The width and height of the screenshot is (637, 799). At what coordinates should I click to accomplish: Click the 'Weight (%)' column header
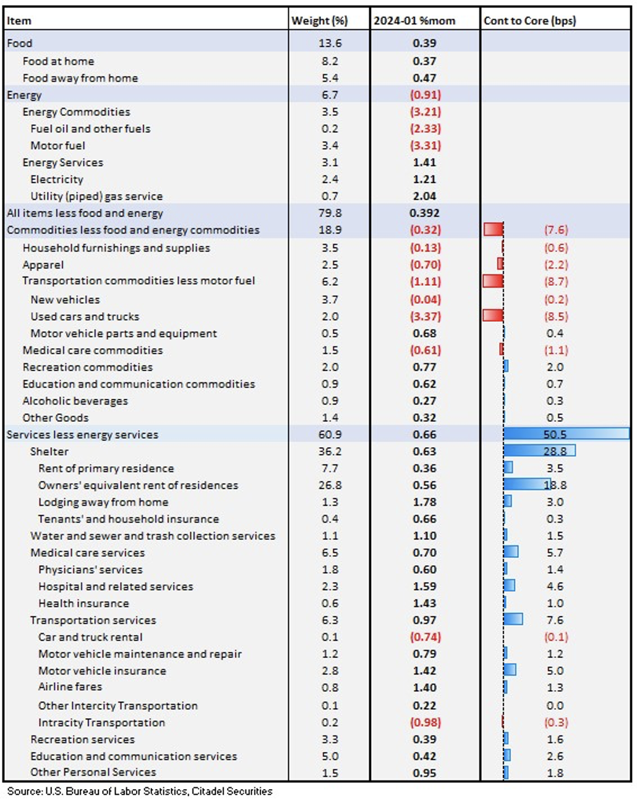tap(320, 20)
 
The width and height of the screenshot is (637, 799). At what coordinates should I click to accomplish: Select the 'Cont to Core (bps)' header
tap(529, 20)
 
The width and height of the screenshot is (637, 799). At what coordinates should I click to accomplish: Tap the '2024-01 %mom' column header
tap(414, 20)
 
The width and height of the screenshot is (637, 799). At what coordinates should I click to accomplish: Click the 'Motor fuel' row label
tap(58, 145)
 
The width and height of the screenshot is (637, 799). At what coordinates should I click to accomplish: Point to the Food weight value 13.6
tap(330, 43)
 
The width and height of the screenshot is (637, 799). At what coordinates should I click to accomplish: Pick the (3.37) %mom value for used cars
tap(425, 317)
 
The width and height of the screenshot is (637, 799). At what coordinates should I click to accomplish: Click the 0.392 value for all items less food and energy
tap(425, 213)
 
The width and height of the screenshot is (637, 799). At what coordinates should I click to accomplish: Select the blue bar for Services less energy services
tap(566, 434)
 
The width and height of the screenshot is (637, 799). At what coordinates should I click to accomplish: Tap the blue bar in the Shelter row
tap(539, 451)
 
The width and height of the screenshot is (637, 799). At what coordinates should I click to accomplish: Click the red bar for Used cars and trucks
tap(493, 315)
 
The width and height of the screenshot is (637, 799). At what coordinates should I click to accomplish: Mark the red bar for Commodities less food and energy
tap(494, 229)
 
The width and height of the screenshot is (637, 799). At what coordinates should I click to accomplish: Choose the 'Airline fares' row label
tap(70, 686)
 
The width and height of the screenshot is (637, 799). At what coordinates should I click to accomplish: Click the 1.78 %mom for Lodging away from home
tap(425, 502)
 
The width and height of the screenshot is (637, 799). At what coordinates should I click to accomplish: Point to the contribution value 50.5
tap(555, 435)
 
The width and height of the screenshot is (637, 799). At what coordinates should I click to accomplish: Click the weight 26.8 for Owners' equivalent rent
tap(330, 485)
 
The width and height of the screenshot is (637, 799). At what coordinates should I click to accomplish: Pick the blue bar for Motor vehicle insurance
tap(510, 670)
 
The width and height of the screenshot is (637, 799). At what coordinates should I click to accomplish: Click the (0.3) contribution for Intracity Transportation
tap(555, 722)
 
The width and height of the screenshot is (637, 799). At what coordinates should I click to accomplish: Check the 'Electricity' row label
tap(57, 179)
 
